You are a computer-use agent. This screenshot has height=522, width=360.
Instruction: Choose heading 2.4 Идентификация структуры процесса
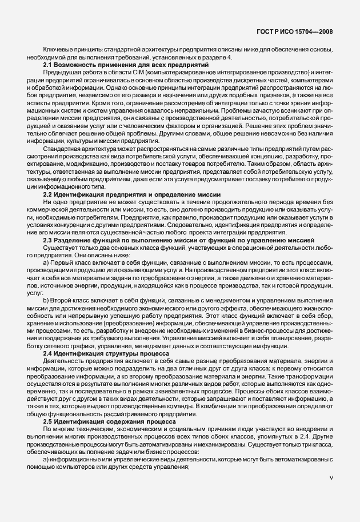click(104, 354)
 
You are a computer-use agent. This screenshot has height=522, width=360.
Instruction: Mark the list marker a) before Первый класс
click(46, 262)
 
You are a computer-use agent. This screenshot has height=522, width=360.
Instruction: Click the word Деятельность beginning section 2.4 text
click(61, 361)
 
